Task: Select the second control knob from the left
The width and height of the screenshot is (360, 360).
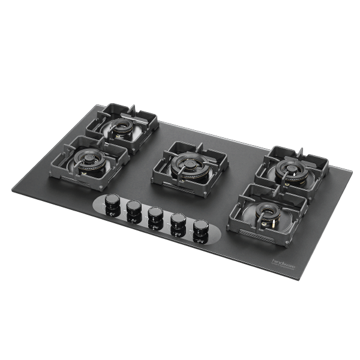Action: coord(133,208)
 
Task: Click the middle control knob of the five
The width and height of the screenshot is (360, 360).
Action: coord(155,214)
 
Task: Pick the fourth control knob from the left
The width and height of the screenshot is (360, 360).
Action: coord(178,220)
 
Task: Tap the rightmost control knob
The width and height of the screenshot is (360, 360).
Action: coord(200,227)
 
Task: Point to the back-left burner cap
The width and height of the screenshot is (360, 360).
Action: coord(123,125)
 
